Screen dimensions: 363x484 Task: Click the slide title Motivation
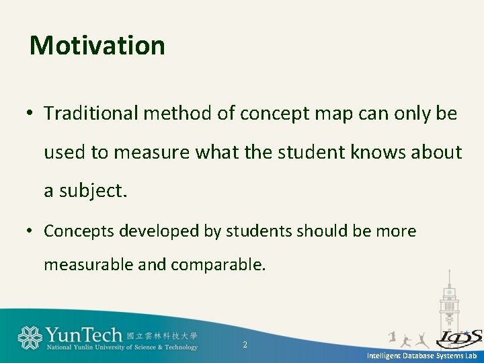point(97,46)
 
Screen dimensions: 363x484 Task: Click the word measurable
point(89,265)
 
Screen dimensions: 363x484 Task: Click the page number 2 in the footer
point(245,345)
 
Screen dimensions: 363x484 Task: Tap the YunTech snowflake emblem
point(30,337)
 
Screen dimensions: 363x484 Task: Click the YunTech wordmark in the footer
point(83,335)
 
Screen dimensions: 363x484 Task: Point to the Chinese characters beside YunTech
point(162,335)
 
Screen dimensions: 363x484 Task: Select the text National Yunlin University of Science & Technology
point(122,348)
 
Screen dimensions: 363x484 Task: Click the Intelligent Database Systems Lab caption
point(421,356)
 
